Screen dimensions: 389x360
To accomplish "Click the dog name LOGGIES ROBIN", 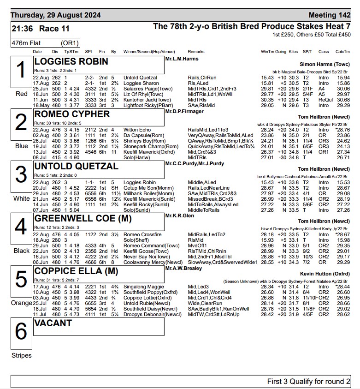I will pos(71,62).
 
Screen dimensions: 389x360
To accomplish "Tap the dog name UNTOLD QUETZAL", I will pos(76,167).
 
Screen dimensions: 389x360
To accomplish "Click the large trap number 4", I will pos(21,227).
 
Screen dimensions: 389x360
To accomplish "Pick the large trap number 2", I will pos(21,123).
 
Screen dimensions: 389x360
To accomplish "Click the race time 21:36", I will pos(23,29).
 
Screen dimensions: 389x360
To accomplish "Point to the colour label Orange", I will pos(22,303).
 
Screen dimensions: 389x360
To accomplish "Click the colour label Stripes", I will pos(22,355).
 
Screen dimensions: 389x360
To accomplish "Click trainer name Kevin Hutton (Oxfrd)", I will pos(325,273).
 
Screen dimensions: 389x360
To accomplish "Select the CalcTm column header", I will pos(342,52).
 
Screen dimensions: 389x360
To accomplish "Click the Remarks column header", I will pos(196,52).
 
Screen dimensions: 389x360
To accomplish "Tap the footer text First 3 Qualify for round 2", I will pos(308,382).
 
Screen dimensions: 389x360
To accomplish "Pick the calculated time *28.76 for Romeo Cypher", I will pos(342,130).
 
